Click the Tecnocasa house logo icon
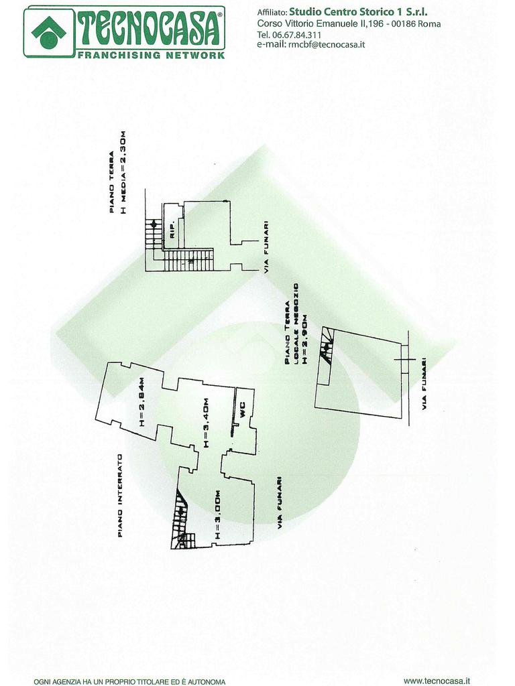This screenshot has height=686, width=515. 48,31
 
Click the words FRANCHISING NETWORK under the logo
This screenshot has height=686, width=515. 151,55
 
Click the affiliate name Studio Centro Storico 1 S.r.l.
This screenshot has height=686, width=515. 358,11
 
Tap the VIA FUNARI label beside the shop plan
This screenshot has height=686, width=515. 424,383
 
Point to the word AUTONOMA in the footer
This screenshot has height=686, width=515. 206,681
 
